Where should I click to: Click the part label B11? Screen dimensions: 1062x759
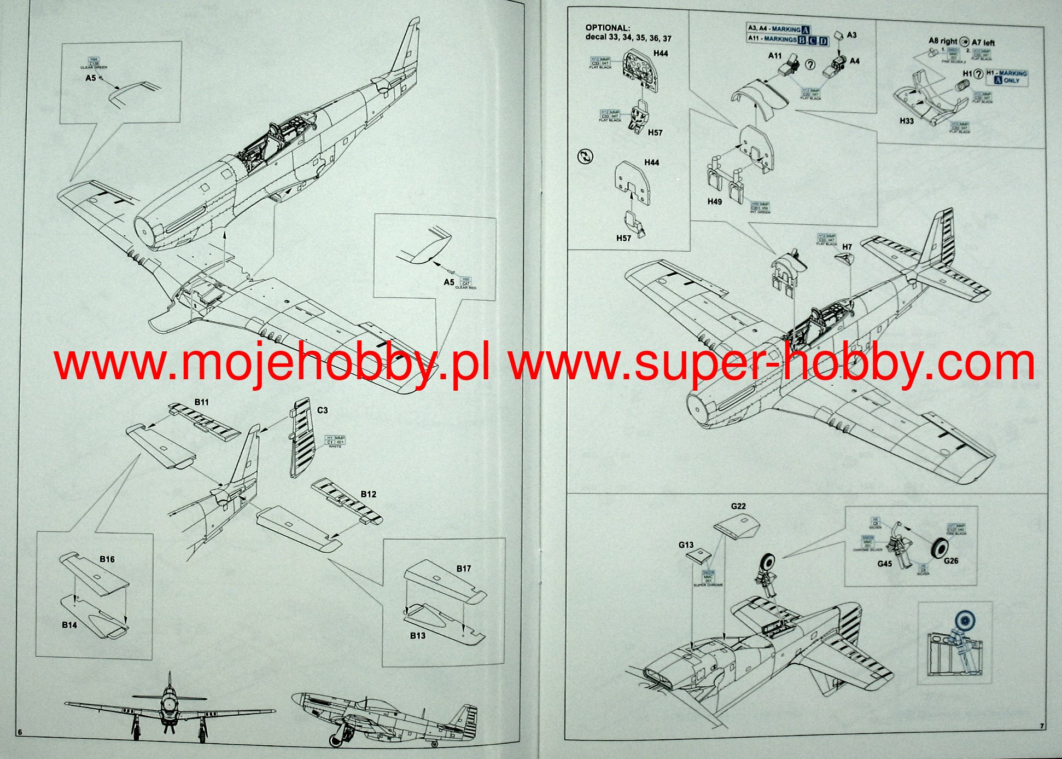201,402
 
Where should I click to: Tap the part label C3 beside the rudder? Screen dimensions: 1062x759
322,410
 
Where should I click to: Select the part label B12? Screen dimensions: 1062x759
368,494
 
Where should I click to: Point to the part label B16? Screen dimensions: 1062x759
107,559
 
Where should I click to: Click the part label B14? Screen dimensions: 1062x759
69,625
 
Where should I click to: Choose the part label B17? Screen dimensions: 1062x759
463,569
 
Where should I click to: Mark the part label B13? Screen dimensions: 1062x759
417,635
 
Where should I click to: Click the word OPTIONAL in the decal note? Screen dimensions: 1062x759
608,27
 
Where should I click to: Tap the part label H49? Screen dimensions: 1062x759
714,201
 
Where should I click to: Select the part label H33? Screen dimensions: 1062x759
906,121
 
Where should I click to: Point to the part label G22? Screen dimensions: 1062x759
738,506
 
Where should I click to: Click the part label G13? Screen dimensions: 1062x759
686,544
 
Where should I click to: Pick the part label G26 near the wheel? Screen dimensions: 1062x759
951,560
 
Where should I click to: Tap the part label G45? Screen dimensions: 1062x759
884,563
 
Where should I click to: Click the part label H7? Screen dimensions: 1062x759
847,247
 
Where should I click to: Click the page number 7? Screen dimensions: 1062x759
1042,726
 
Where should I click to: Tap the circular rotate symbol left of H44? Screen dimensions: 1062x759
585,157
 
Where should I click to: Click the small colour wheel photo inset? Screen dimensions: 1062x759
955,643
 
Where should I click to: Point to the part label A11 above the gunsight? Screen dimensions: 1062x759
775,56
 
